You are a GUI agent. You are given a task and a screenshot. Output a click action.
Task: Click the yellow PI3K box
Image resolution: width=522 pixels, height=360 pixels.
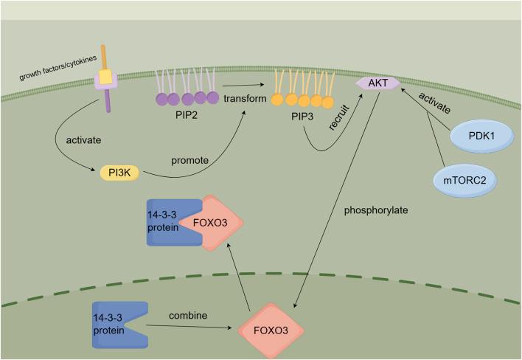coord(119,173)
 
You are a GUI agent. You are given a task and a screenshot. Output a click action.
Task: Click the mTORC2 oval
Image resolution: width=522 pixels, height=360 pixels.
coord(459,180)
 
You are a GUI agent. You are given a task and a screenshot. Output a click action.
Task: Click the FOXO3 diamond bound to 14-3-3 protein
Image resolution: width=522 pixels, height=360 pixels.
coord(213,221)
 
